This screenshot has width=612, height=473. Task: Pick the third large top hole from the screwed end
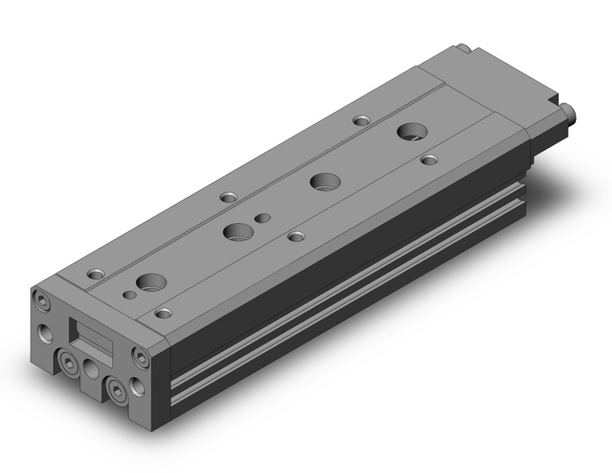pyautogui.click(x=325, y=181)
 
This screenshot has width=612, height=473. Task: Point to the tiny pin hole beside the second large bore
pyautogui.click(x=260, y=218)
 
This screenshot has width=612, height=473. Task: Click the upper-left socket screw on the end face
pyautogui.click(x=39, y=301)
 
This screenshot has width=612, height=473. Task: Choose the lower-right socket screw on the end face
pyautogui.click(x=118, y=392)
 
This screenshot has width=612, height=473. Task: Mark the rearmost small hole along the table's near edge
pyautogui.click(x=430, y=160)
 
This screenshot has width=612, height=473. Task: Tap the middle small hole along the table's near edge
pyautogui.click(x=296, y=237)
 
